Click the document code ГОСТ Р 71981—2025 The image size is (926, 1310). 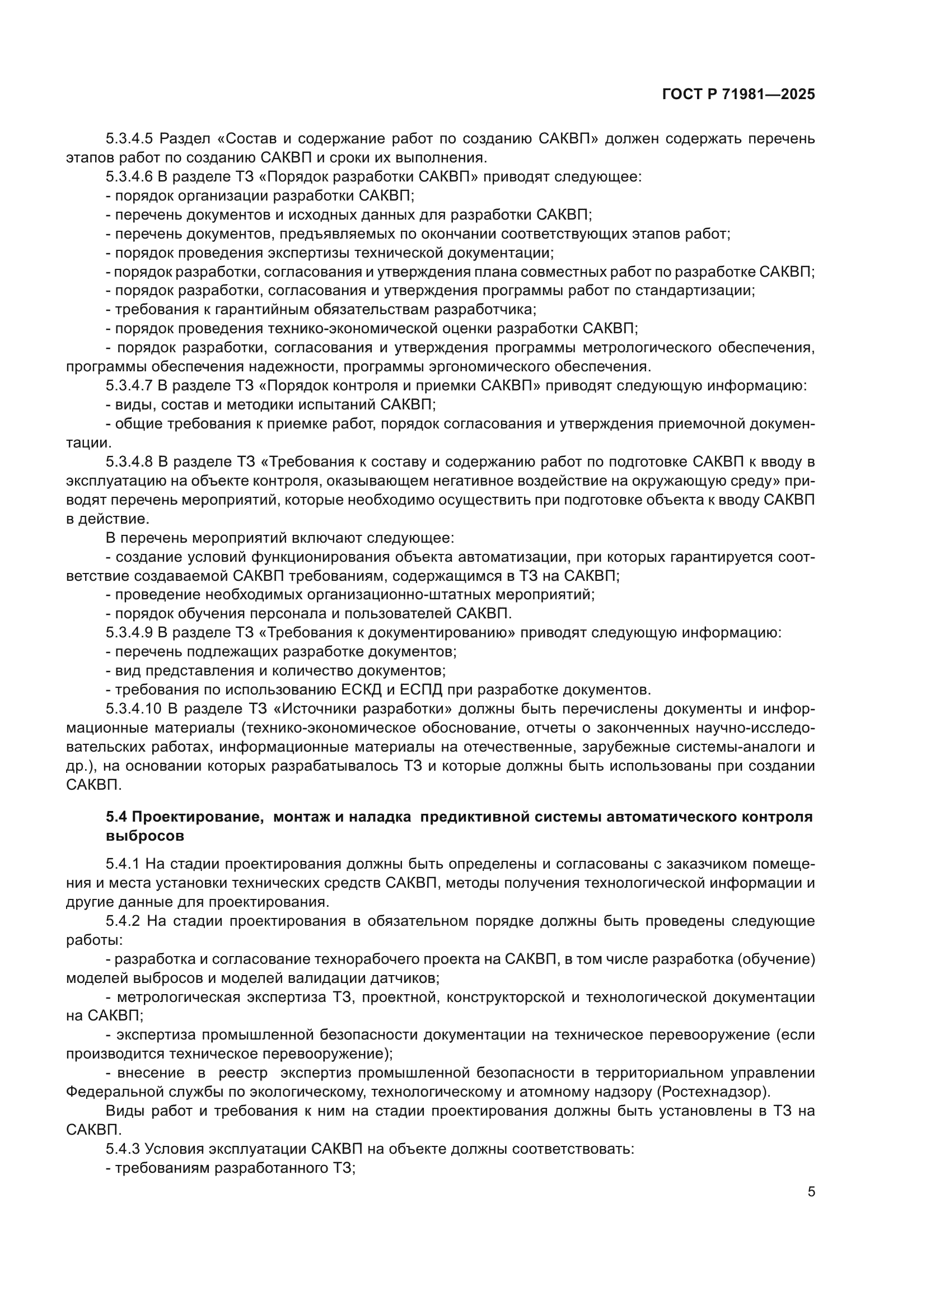738,95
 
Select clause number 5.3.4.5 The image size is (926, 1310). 129,139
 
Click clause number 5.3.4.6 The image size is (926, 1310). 129,177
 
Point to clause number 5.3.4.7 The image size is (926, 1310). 129,386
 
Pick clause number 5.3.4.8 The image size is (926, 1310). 129,461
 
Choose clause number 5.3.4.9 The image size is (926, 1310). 129,633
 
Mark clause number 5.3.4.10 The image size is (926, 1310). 133,708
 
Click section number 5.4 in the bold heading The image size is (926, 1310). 117,817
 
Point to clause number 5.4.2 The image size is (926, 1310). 123,921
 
